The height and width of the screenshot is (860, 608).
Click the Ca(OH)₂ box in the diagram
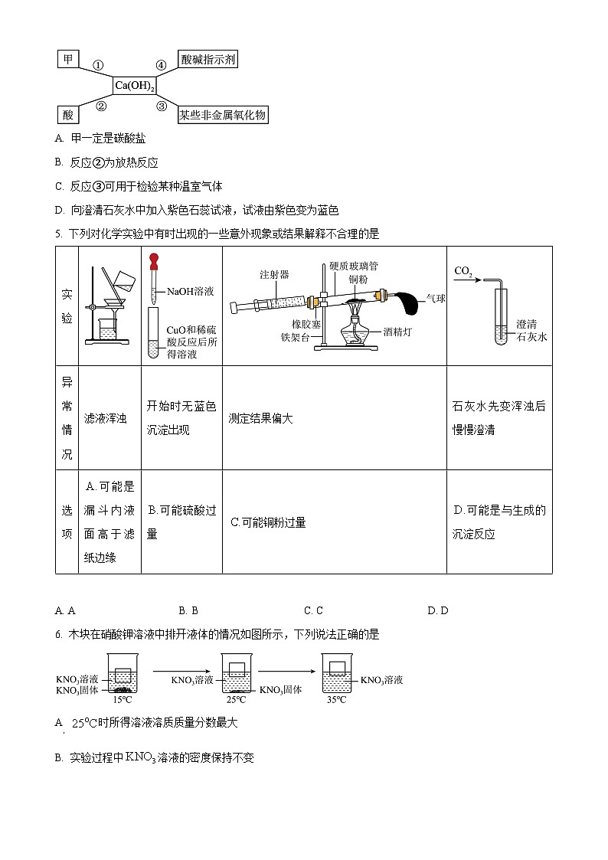135,87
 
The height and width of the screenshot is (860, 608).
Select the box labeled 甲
68,59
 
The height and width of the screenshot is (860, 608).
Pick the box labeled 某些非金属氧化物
223,115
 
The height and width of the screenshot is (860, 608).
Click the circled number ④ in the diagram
161,66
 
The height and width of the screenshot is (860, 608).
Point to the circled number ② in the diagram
100,106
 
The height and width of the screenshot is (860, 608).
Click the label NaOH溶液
190,291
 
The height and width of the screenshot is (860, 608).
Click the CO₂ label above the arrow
463,270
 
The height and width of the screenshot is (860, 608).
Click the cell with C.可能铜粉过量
268,522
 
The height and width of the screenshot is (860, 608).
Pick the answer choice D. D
437,610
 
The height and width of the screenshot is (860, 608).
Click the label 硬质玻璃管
353,266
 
